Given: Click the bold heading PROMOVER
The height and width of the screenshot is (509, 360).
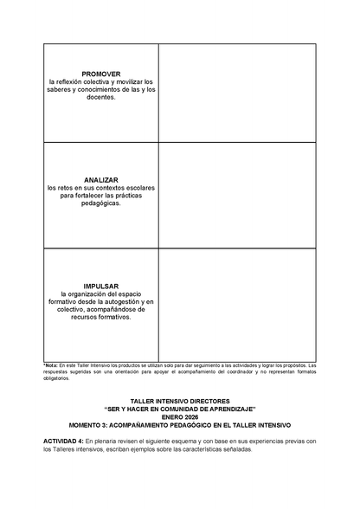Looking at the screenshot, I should [x=100, y=74].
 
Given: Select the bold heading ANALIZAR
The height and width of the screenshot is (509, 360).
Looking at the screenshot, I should [x=100, y=179].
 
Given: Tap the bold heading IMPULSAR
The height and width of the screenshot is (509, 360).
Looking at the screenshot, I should [x=100, y=286].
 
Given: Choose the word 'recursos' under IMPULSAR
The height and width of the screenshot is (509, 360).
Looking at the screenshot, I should [x=81, y=317].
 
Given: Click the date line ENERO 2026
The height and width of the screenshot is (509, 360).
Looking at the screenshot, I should [x=180, y=416].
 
